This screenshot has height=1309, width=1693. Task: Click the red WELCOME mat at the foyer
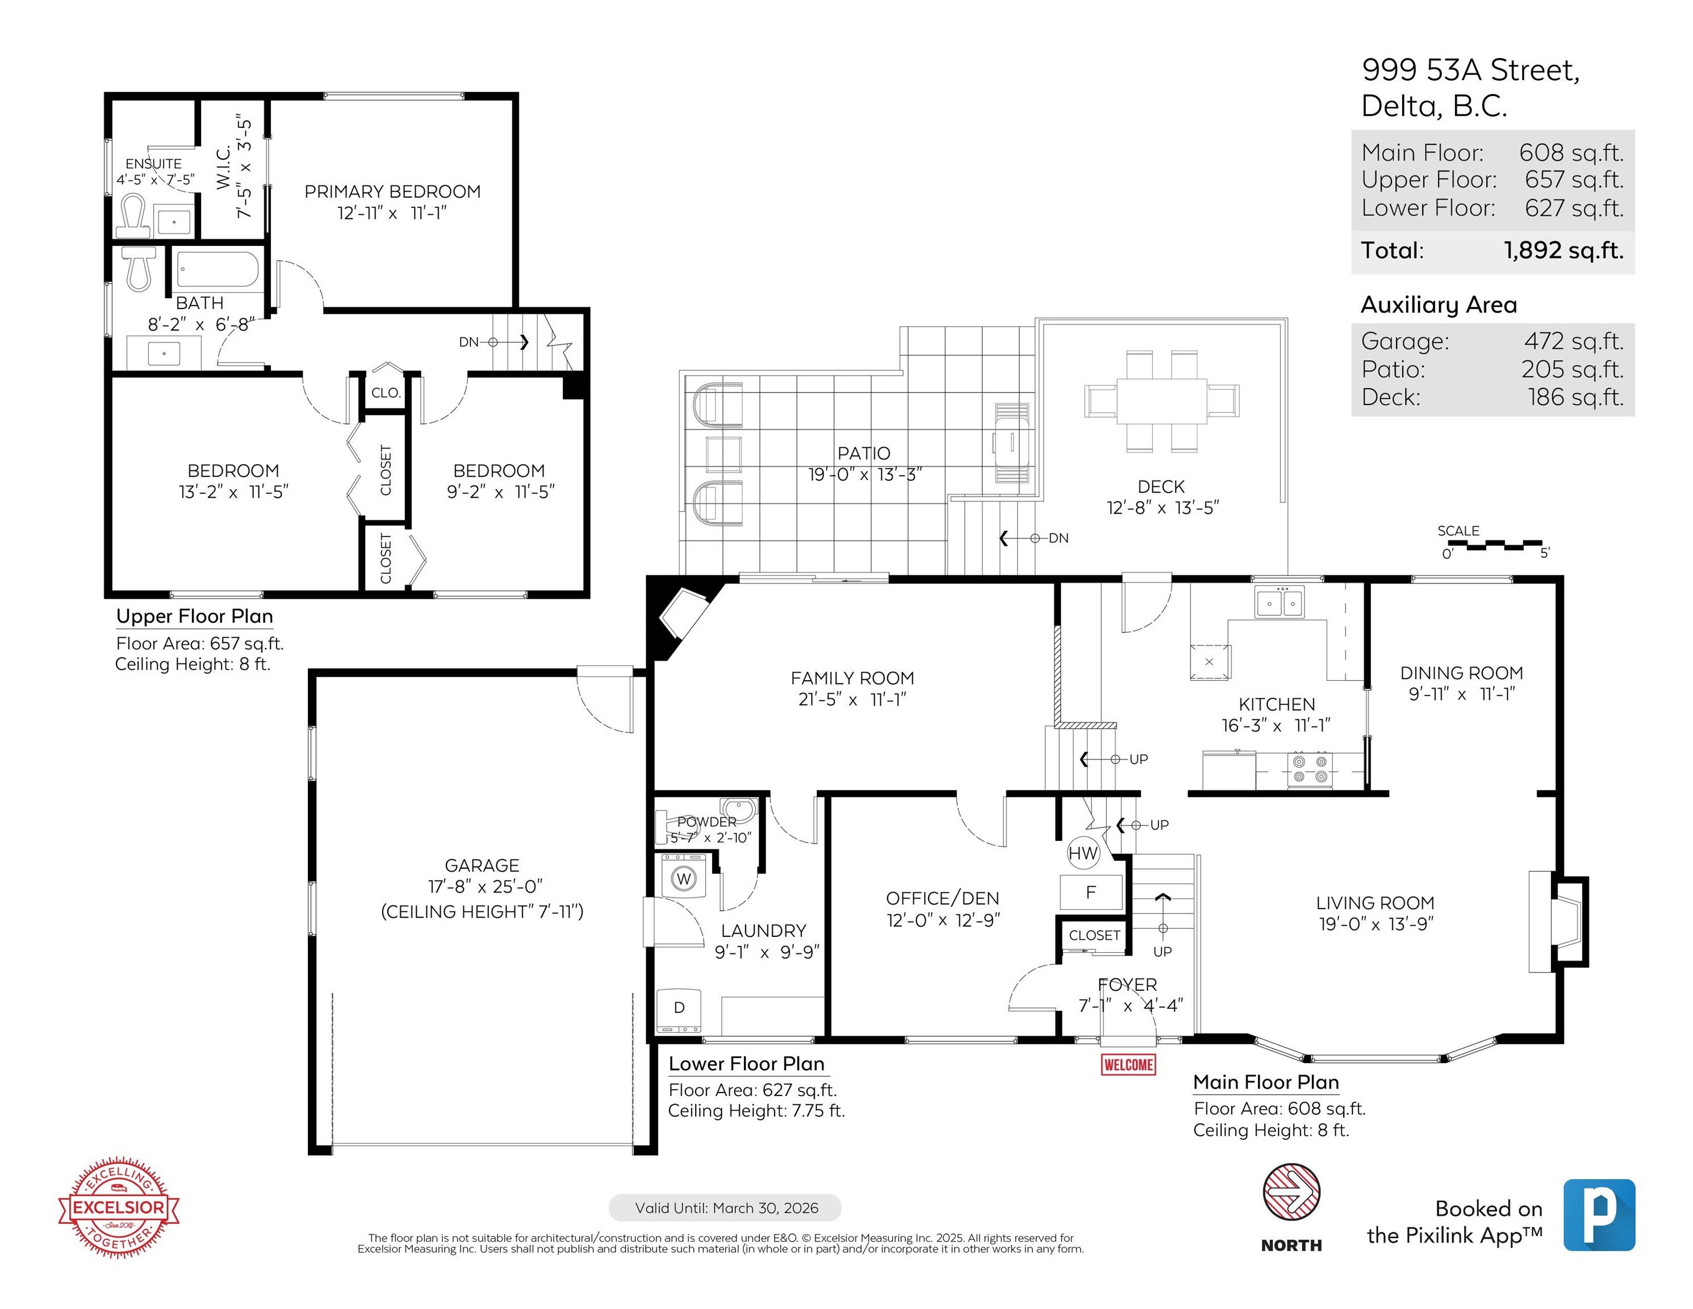pos(1128,1064)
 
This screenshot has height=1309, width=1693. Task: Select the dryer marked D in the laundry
pos(679,1011)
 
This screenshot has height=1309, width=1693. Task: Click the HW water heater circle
pos(1083,853)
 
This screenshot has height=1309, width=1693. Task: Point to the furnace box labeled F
pos(1090,892)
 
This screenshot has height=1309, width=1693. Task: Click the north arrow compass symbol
pos(1291,1192)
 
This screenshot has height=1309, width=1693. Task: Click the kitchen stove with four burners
pos(1310,769)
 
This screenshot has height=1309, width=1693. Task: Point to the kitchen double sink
pos(1280,602)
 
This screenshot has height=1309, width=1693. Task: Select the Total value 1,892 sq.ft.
pos(1564,251)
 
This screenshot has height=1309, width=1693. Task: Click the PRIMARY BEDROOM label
pos(392,191)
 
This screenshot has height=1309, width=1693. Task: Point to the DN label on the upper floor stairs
pos(468,342)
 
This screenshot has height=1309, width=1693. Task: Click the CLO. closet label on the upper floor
pos(385,393)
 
